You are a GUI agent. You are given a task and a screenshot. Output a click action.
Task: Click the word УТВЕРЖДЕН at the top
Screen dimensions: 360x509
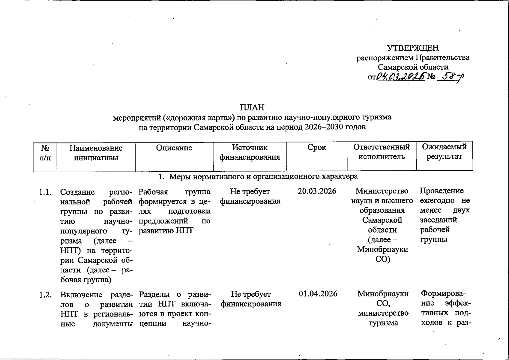tap(413, 48)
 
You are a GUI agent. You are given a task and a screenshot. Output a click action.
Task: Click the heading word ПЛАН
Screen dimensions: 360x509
tap(252, 107)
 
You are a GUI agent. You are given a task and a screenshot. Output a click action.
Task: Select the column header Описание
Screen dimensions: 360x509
tap(174, 148)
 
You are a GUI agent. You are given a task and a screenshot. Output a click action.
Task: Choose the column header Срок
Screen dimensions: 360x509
tap(316, 148)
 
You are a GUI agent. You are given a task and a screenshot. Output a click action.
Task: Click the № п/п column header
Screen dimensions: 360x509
tap(45, 152)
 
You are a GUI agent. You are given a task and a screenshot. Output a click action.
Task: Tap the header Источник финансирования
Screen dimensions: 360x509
tap(250, 152)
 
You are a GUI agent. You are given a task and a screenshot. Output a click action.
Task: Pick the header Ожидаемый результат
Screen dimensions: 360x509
tap(444, 152)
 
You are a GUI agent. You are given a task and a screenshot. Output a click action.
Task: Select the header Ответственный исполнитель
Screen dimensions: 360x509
tap(382, 152)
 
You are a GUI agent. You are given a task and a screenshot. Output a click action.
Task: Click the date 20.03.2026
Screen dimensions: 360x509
tap(317, 191)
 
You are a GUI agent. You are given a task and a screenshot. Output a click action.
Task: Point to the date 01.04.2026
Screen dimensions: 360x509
tap(318, 294)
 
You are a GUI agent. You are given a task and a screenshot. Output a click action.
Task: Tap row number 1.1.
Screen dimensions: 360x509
tap(45, 192)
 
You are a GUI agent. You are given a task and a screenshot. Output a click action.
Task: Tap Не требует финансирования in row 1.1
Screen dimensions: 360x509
tap(250, 196)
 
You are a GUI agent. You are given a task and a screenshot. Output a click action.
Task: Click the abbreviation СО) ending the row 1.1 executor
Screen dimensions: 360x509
tap(383, 259)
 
